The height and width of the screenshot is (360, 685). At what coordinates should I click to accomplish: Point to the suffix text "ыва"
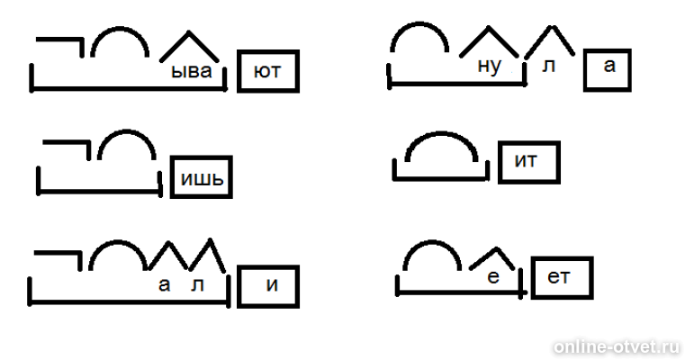pos(192,71)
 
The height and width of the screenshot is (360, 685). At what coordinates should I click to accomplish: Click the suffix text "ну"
pos(490,67)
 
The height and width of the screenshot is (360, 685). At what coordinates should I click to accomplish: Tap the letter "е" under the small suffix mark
pos(493,277)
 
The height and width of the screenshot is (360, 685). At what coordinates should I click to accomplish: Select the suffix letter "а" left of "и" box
pos(164,285)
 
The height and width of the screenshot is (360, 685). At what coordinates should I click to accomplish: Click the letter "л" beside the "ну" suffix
pos(548,66)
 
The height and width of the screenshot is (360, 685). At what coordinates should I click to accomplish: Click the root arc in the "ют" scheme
pos(120,29)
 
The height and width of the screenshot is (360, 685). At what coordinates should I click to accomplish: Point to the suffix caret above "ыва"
pos(188,32)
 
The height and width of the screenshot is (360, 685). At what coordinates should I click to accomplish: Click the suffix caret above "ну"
pos(489,28)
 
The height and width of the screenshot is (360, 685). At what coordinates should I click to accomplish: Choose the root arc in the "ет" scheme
pos(432,242)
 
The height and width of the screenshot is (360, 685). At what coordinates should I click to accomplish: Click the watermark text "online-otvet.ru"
pos(617,347)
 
